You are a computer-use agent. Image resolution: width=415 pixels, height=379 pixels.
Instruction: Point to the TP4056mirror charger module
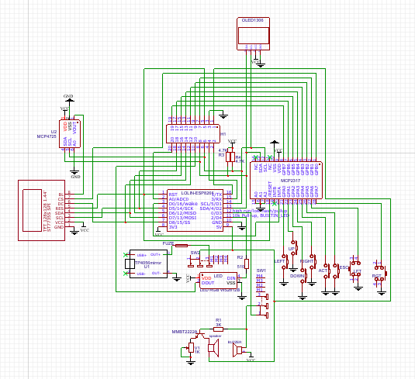point(145,264)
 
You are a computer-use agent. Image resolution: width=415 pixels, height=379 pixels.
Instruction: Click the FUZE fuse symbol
point(181,246)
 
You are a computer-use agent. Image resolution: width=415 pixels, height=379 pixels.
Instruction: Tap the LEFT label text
point(279,261)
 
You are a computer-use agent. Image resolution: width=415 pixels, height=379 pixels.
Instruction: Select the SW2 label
point(195,252)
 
